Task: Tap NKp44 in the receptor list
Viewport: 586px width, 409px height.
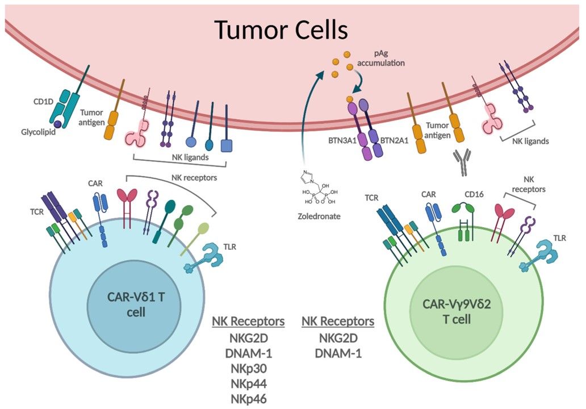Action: point(248,383)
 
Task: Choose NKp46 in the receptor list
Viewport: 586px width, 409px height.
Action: point(248,398)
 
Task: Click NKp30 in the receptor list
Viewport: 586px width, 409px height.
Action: point(248,368)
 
